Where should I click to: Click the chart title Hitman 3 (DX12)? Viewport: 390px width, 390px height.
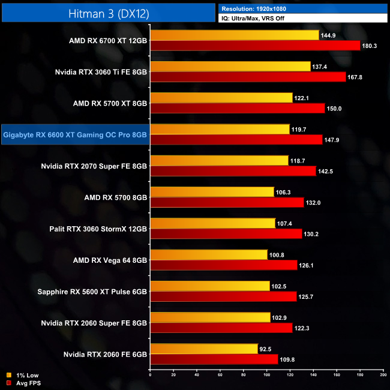[107, 12]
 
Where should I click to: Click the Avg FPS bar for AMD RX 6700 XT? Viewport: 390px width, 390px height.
[255, 46]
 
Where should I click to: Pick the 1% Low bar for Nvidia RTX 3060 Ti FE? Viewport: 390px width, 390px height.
[230, 67]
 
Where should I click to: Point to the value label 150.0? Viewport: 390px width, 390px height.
[334, 109]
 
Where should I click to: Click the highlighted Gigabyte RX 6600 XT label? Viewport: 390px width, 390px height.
[75, 135]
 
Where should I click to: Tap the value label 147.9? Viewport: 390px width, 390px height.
[332, 140]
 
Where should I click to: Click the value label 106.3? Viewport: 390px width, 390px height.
[284, 192]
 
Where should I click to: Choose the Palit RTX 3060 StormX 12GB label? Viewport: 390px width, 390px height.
[98, 229]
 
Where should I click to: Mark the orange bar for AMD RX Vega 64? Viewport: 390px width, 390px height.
[209, 254]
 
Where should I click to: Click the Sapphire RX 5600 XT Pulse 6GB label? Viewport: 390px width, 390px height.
[92, 291]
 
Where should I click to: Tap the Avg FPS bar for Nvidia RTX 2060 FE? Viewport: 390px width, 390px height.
[214, 358]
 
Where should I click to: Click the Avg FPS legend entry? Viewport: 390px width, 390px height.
[25, 382]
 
